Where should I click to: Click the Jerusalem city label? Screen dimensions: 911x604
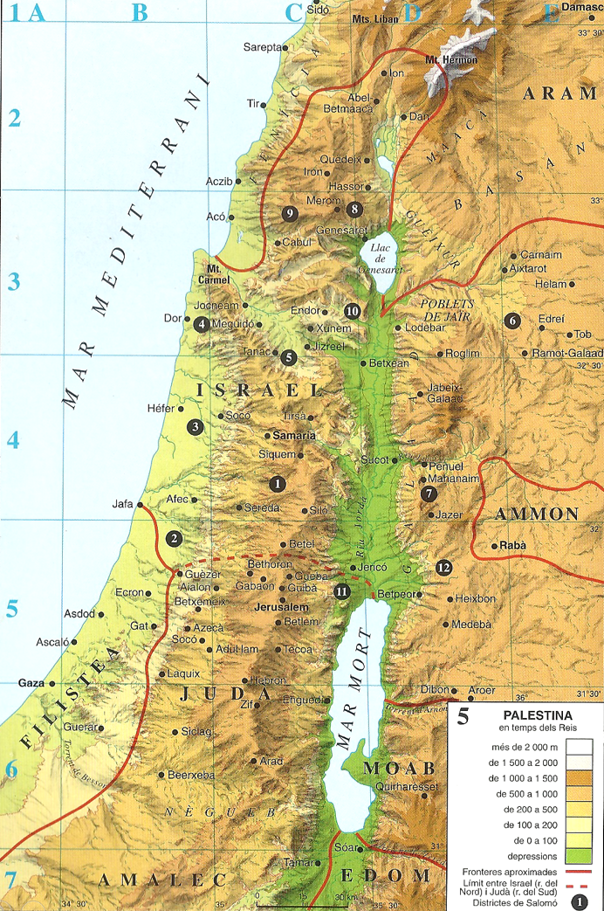click(281, 606)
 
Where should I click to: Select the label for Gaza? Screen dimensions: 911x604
click(32, 683)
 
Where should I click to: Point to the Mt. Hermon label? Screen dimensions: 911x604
click(451, 59)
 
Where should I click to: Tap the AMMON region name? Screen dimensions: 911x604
click(537, 514)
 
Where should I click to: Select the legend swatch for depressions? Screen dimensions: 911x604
click(579, 854)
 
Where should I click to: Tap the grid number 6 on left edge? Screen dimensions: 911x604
click(12, 770)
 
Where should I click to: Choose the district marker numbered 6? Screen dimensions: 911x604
click(512, 321)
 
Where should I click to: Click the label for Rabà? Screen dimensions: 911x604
click(513, 546)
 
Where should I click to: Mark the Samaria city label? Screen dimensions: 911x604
click(293, 434)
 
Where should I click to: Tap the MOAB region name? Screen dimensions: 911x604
click(398, 769)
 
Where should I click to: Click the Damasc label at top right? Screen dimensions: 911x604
click(582, 7)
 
